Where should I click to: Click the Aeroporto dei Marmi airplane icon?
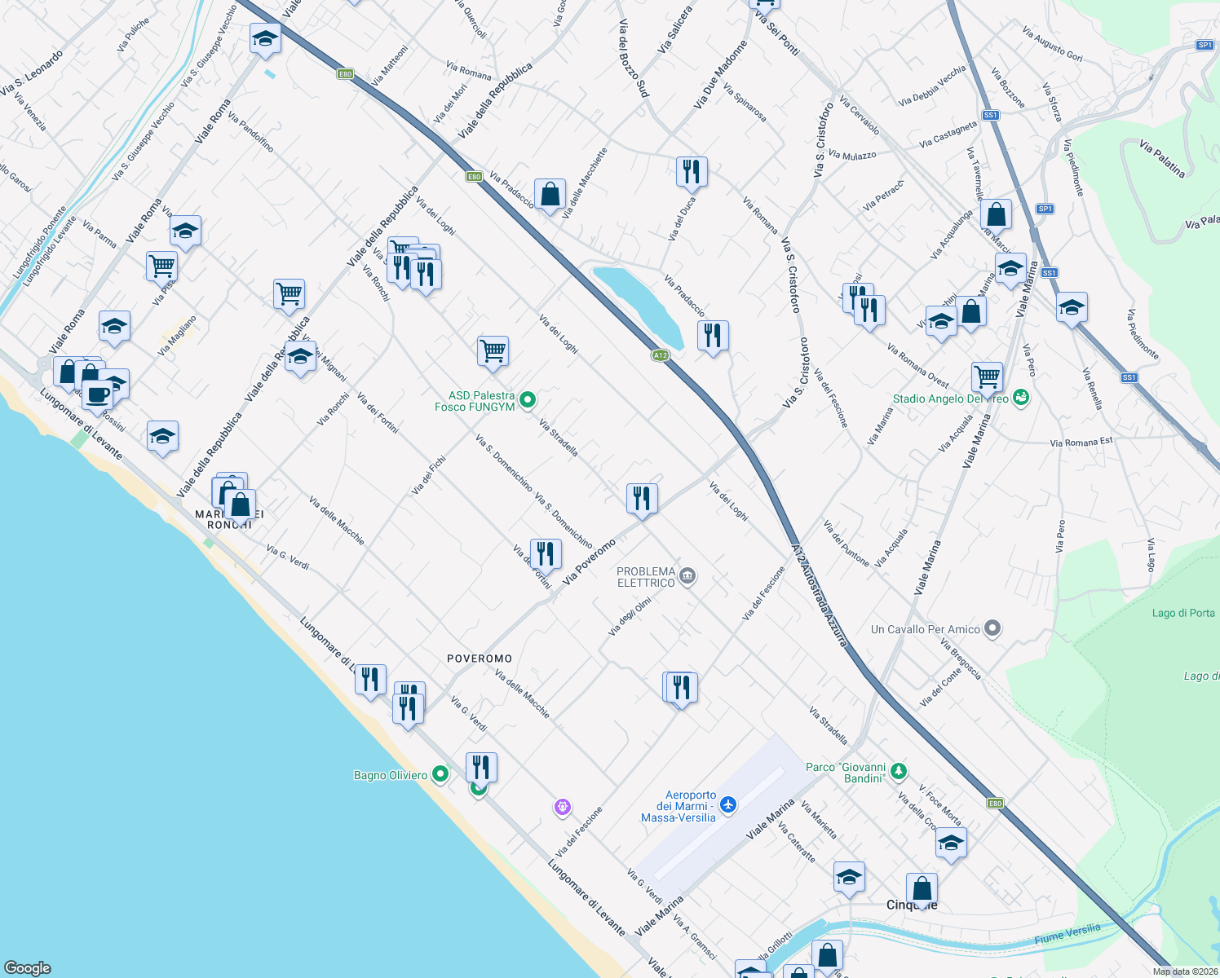[728, 805]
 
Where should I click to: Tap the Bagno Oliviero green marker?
[440, 774]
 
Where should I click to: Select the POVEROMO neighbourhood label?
[480, 659]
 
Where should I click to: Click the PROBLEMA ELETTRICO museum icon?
[687, 577]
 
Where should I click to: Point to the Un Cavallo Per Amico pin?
[992, 628]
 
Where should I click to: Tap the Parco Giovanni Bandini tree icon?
[898, 770]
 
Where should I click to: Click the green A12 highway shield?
[661, 355]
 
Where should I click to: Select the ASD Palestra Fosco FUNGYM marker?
[528, 399]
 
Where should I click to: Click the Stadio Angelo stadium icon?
[1021, 398]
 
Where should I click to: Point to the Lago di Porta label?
[1183, 613]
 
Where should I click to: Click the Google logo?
[28, 967]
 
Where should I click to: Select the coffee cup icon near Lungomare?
[98, 395]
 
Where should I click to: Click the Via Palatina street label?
[1162, 158]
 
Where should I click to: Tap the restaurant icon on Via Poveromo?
[642, 497]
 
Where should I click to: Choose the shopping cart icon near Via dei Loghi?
[493, 350]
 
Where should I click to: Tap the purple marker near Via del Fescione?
[562, 807]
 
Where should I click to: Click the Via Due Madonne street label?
[720, 75]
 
